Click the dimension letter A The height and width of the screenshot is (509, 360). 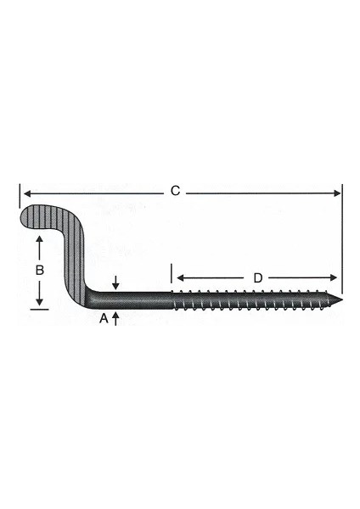tap(104, 318)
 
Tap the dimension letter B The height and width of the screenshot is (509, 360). tap(37, 271)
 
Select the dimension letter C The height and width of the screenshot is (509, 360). tap(175, 192)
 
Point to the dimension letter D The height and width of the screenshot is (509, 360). tap(256, 277)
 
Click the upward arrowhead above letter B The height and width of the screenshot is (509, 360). tap(38, 243)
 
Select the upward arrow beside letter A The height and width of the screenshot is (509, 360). tap(116, 318)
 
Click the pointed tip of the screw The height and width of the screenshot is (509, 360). tap(342, 299)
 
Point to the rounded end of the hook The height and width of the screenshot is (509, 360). tap(25, 218)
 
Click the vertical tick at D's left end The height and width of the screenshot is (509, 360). tap(172, 275)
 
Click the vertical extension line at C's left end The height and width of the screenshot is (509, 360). tap(18, 197)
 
